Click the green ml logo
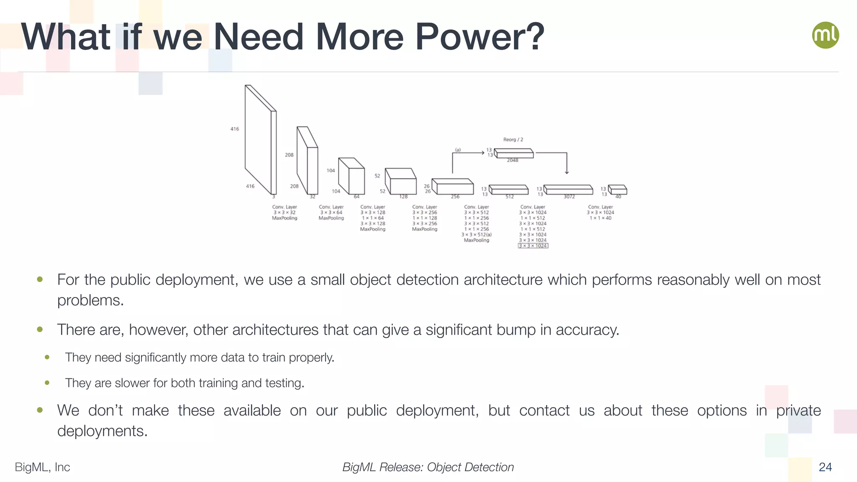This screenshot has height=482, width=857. [x=825, y=35]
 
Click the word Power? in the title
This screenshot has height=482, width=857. [x=480, y=37]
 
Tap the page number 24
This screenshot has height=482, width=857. [x=825, y=467]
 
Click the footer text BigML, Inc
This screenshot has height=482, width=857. [x=42, y=467]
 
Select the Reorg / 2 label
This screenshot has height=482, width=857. [x=513, y=139]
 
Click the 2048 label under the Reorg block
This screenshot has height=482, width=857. [x=513, y=160]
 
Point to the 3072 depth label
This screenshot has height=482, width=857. [x=569, y=197]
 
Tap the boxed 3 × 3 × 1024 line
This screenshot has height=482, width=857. [x=533, y=246]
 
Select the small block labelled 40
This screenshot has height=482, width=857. [x=618, y=190]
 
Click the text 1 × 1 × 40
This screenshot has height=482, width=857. [x=600, y=218]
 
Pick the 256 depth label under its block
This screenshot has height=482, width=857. [x=455, y=197]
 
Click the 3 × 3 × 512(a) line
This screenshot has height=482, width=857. [x=476, y=235]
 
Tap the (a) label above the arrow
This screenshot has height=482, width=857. [x=458, y=149]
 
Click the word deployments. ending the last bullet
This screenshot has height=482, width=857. [x=103, y=431]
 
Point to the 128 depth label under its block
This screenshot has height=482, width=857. [x=403, y=197]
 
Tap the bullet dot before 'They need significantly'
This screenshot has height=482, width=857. [x=47, y=357]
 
